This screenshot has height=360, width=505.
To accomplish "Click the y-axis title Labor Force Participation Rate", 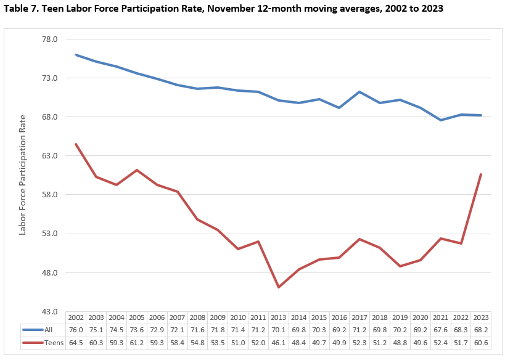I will [23, 174].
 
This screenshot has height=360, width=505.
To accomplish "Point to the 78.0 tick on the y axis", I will [49, 39].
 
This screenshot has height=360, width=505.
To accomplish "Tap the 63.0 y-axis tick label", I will [49, 156].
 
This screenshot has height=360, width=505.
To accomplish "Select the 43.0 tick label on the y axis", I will [49, 312].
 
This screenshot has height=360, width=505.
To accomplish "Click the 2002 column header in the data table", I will [76, 317].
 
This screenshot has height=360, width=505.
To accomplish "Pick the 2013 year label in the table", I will [278, 317].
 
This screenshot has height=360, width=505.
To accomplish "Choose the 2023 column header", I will [481, 317].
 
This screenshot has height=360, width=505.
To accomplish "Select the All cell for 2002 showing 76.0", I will [76, 330].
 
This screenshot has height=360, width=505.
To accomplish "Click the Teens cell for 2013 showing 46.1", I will [278, 342].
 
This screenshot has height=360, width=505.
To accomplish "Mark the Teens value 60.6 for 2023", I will [481, 342].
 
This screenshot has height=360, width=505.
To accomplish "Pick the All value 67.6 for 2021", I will [440, 330].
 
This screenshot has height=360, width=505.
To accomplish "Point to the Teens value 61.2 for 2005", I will [137, 342].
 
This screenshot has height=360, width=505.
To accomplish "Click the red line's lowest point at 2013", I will [278, 287].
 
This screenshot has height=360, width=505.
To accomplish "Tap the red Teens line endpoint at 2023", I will [481, 174].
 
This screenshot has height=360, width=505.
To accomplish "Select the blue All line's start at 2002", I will [76, 55].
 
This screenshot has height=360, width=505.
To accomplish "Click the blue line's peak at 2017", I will [359, 92].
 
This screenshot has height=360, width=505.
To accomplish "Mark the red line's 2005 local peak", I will [137, 170].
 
